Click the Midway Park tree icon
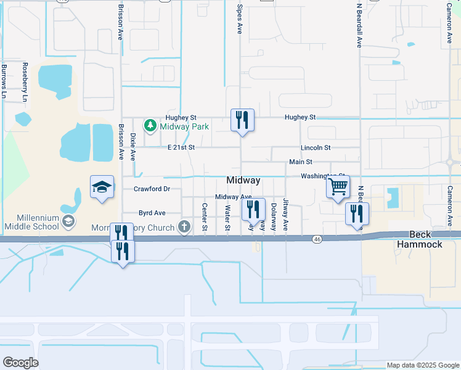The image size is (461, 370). click(150, 126)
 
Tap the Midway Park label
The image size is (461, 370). click(184, 127)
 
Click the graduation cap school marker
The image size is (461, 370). click(102, 187)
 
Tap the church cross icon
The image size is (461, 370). click(183, 226)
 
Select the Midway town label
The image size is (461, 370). click(243, 180)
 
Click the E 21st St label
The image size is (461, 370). click(181, 147)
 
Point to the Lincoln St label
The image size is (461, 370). click(316, 148)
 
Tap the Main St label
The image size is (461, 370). click(301, 162)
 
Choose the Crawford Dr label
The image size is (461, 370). click(152, 189)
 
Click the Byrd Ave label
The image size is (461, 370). click(152, 213)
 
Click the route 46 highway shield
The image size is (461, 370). click(317, 238)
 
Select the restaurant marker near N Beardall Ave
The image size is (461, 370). click(357, 213)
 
